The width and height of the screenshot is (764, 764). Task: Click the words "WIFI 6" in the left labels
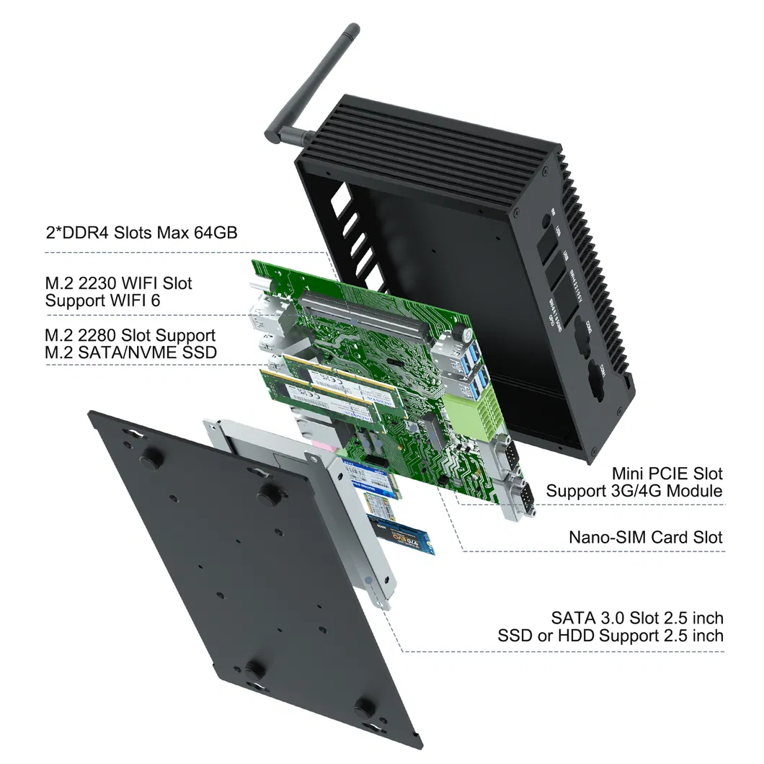135,301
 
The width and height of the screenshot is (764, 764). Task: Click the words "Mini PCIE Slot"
667,474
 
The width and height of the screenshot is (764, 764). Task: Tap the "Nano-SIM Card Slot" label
645,537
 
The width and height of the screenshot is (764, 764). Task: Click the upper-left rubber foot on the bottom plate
151,458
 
